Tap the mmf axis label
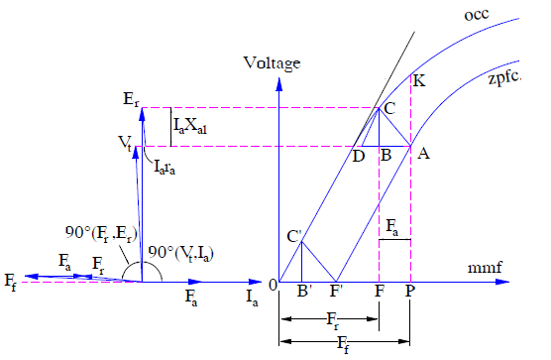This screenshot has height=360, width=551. coord(482,269)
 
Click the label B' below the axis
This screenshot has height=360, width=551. coord(303,293)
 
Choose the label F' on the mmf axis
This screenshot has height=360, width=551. coord(338,293)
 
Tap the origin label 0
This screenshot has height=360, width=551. coord(271,287)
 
